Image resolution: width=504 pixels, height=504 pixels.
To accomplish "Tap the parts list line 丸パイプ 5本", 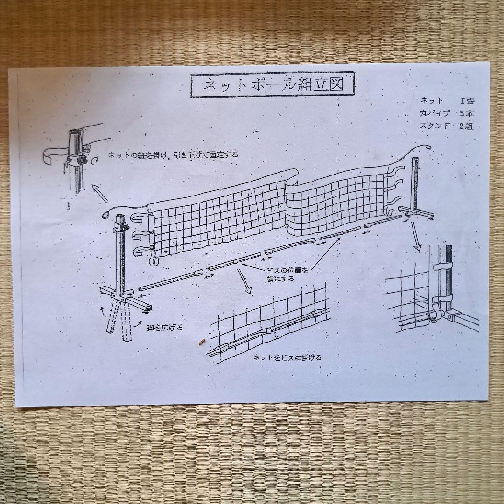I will (x=447, y=113).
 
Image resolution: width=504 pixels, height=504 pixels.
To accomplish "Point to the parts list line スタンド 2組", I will (x=447, y=126).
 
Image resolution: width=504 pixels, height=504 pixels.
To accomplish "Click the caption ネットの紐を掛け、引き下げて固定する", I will (x=173, y=155).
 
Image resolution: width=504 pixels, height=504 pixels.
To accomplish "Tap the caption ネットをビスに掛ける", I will (x=287, y=358).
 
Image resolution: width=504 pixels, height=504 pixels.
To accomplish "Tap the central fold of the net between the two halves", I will (x=289, y=205).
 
